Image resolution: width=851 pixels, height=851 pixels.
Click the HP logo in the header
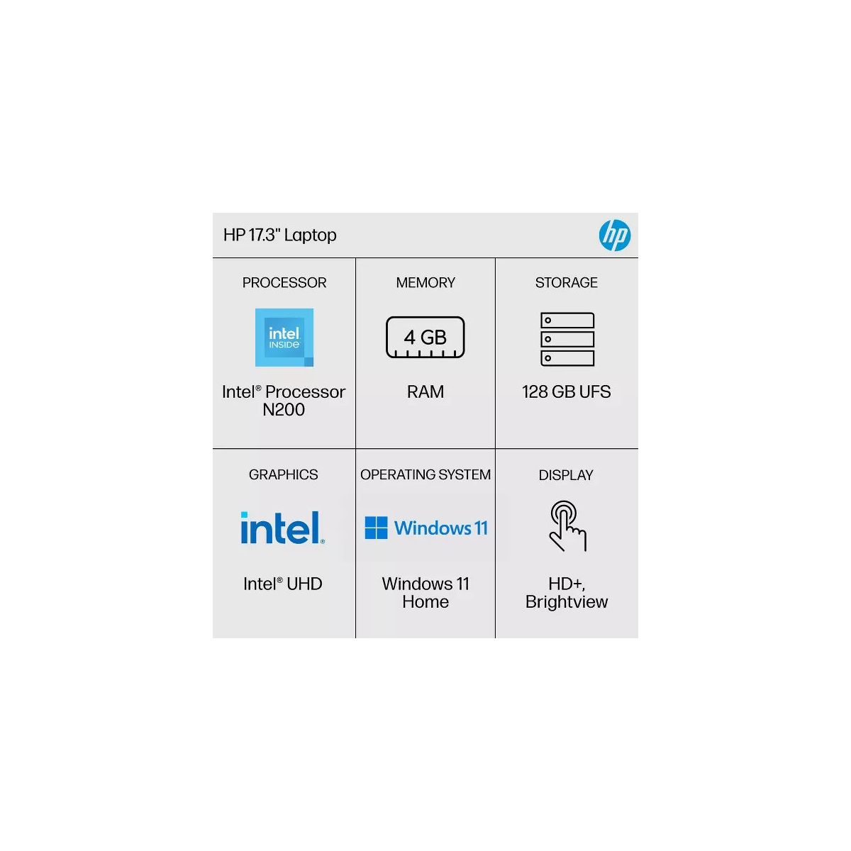[614, 235]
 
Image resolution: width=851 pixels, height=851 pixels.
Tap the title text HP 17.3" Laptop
[279, 235]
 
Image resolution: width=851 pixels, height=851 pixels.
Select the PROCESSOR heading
[284, 283]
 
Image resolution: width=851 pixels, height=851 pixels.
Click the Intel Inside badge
[284, 338]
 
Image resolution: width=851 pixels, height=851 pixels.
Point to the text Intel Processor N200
[284, 401]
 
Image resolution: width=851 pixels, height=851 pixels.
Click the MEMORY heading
[425, 283]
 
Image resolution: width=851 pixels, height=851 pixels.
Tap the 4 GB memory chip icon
[425, 338]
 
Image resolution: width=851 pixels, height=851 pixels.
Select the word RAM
[425, 392]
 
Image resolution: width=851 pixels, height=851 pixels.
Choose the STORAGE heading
[567, 283]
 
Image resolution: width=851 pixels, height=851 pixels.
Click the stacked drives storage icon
[567, 339]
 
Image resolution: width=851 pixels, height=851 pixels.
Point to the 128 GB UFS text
[567, 392]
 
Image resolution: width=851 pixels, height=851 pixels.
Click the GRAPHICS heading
[284, 475]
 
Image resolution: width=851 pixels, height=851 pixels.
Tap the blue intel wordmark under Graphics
[282, 528]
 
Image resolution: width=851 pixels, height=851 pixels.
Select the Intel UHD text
[283, 584]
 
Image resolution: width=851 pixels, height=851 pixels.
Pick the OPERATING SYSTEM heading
[425, 475]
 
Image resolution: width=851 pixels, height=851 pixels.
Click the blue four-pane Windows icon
[376, 528]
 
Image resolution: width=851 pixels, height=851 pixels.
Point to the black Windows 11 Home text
[425, 593]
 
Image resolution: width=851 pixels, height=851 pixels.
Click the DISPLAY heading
[566, 475]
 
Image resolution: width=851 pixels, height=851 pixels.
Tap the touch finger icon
[567, 526]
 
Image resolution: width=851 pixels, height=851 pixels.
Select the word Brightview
[567, 602]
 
